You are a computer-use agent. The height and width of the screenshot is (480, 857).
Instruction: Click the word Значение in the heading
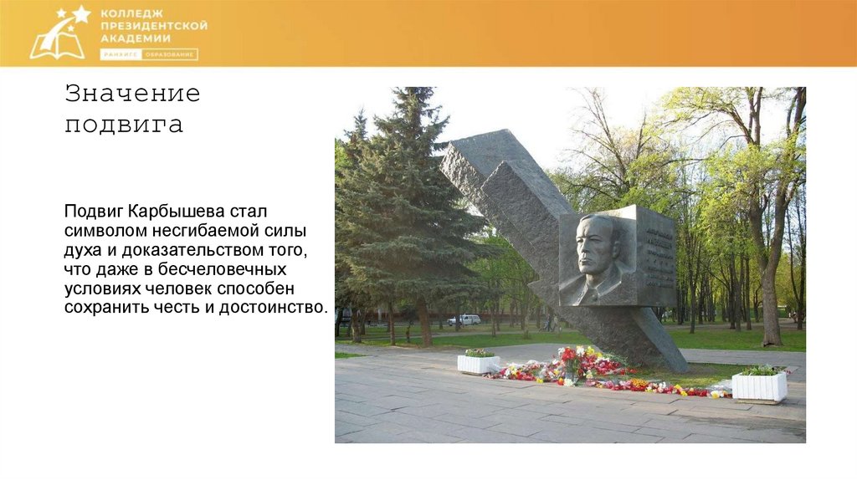point(133,93)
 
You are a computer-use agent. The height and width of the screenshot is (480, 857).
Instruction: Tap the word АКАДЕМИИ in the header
point(135,38)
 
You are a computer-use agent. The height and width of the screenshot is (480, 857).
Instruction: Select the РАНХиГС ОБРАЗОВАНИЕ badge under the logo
point(149,54)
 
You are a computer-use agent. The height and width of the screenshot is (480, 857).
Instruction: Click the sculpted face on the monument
point(596,254)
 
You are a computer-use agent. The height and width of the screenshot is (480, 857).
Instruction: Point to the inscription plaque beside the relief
point(655,255)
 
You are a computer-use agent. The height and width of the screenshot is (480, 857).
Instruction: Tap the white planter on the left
point(478,363)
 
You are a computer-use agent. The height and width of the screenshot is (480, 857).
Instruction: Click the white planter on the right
point(759,385)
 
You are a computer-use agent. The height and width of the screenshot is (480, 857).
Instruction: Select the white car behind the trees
point(464,319)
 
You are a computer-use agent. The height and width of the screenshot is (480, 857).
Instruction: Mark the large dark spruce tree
point(402,209)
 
